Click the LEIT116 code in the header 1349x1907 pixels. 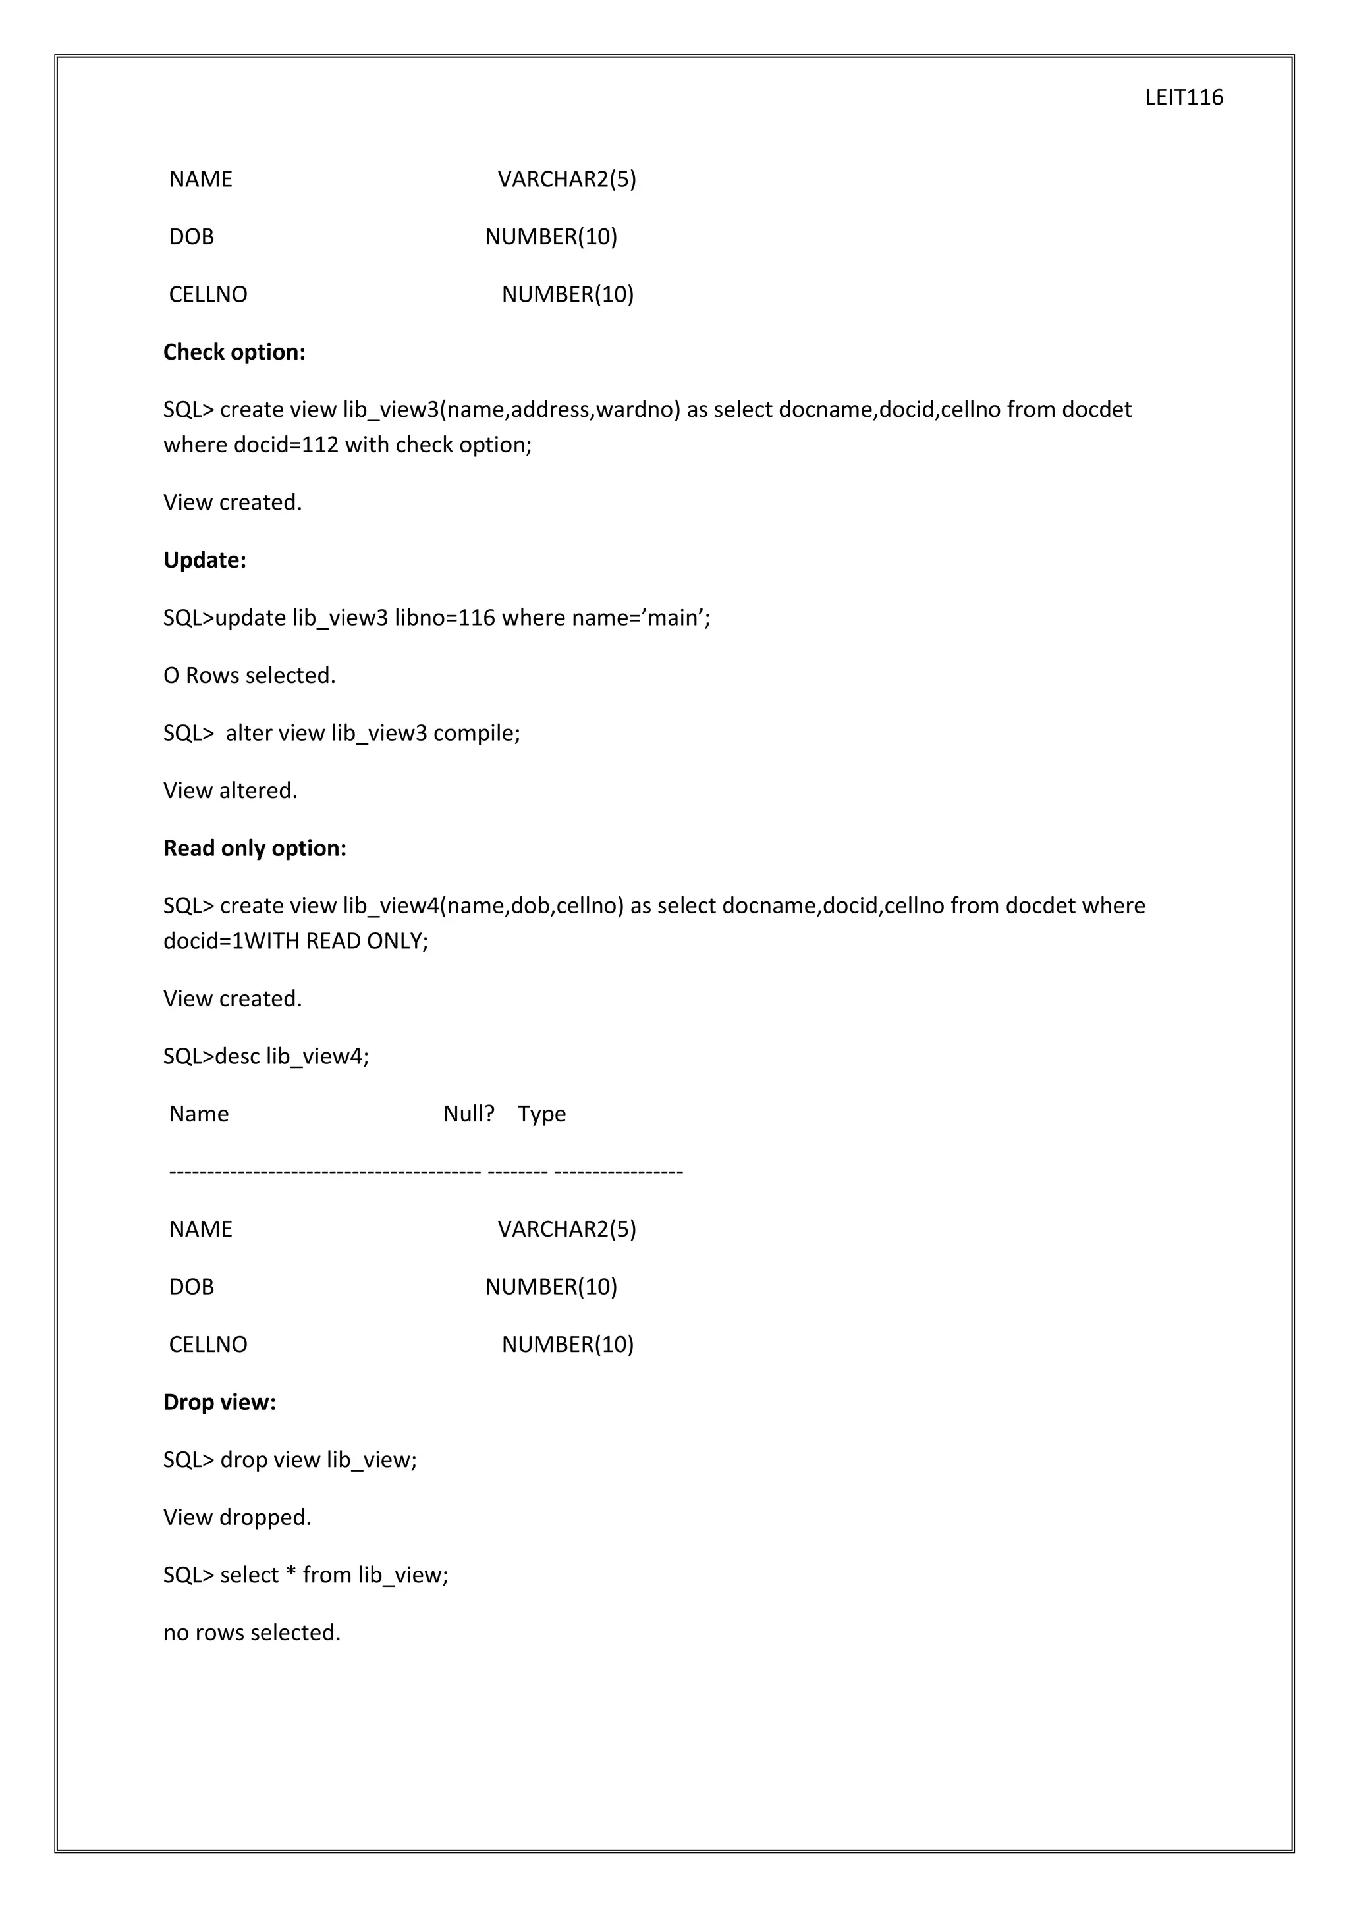pos(1183,98)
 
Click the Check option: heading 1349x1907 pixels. pos(234,352)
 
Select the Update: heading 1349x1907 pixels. pos(204,560)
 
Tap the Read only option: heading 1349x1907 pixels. pos(254,848)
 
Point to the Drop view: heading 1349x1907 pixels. pos(219,1402)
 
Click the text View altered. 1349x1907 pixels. pos(230,791)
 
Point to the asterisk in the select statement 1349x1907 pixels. pos(290,1574)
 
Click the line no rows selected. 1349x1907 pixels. pos(252,1633)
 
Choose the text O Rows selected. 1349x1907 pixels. pos(249,675)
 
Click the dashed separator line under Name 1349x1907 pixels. pos(426,1172)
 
